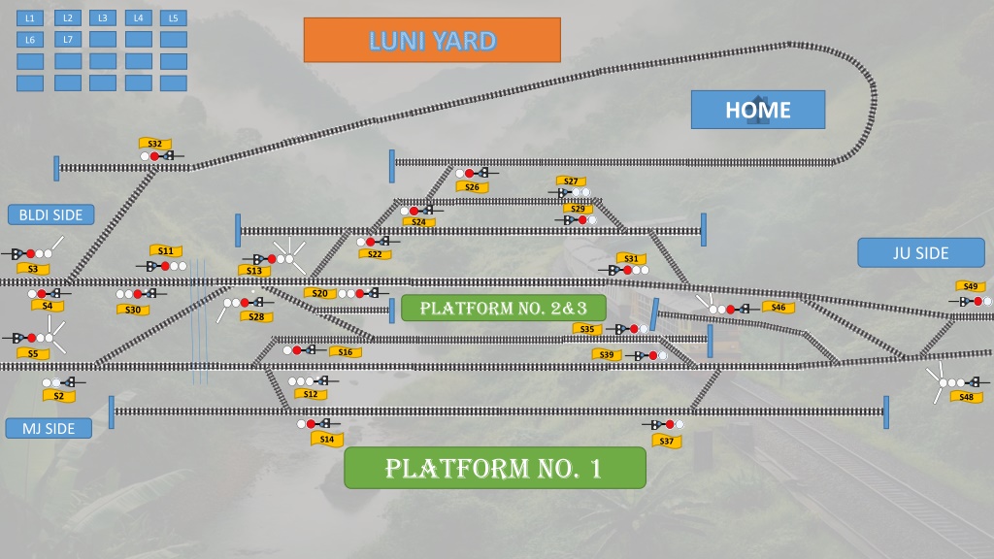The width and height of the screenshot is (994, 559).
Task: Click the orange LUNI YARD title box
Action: (432, 40)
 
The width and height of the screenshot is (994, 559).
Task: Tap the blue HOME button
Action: (758, 110)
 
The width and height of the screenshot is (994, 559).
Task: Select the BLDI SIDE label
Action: (50, 214)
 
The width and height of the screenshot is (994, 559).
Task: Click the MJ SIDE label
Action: (49, 428)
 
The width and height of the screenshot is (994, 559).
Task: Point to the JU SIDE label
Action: (921, 253)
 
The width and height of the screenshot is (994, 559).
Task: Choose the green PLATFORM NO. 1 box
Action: (495, 468)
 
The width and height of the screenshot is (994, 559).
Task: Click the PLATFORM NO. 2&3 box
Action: (504, 308)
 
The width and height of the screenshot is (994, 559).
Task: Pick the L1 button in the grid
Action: (30, 18)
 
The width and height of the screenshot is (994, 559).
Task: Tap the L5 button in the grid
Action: (173, 17)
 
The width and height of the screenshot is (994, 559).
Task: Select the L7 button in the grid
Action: (68, 39)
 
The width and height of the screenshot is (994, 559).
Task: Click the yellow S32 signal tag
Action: (155, 144)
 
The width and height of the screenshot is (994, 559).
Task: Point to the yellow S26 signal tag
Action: (473, 187)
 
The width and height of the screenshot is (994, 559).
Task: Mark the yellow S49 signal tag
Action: (970, 286)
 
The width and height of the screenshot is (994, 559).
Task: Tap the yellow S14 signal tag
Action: (327, 439)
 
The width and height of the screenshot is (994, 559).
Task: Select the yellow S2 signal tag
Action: (59, 396)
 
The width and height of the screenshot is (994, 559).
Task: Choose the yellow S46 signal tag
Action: (779, 308)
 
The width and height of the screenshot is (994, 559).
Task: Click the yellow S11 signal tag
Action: (165, 251)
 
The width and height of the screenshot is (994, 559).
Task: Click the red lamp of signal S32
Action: (154, 156)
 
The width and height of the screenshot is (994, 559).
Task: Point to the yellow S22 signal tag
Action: (375, 254)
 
